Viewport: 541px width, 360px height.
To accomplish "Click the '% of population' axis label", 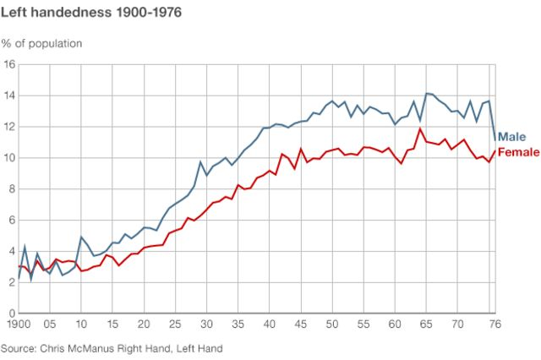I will (42, 42).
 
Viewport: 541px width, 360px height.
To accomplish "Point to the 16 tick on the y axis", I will (9, 64).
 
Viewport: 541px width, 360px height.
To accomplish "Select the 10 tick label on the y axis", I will (9, 158).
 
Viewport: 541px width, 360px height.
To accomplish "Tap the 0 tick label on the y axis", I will (12, 314).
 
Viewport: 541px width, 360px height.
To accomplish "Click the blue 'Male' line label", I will (511, 137).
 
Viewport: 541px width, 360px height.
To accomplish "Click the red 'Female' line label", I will (518, 152).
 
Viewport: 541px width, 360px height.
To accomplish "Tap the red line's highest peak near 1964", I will (419, 128).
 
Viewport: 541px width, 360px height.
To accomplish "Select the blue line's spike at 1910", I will (81, 237).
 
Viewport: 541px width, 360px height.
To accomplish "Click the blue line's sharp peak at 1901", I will (25, 246).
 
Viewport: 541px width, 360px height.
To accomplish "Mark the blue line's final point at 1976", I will (494, 140).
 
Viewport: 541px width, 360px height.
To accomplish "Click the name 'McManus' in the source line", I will (102, 347).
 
